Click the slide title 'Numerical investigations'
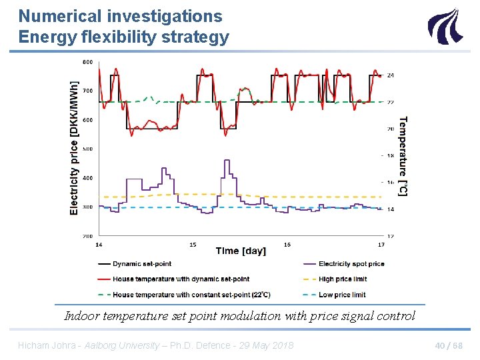coord(120,15)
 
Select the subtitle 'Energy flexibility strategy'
coord(123,37)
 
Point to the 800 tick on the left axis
coord(87,62)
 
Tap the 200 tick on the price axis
coord(87,236)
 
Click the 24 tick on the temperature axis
coord(391,75)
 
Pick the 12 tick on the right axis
coord(391,236)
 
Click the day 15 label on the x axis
coord(193,245)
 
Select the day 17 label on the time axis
coord(381,245)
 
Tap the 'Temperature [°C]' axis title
coord(403,156)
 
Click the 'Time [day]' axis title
coord(241,251)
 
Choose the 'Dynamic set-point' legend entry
coord(142,264)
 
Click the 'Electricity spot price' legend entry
coord(351,264)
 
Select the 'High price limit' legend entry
coord(342,279)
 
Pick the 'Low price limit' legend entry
coord(341,295)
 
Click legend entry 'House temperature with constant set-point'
coord(191,295)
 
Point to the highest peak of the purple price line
coord(227,161)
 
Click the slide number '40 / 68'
coord(449,345)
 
